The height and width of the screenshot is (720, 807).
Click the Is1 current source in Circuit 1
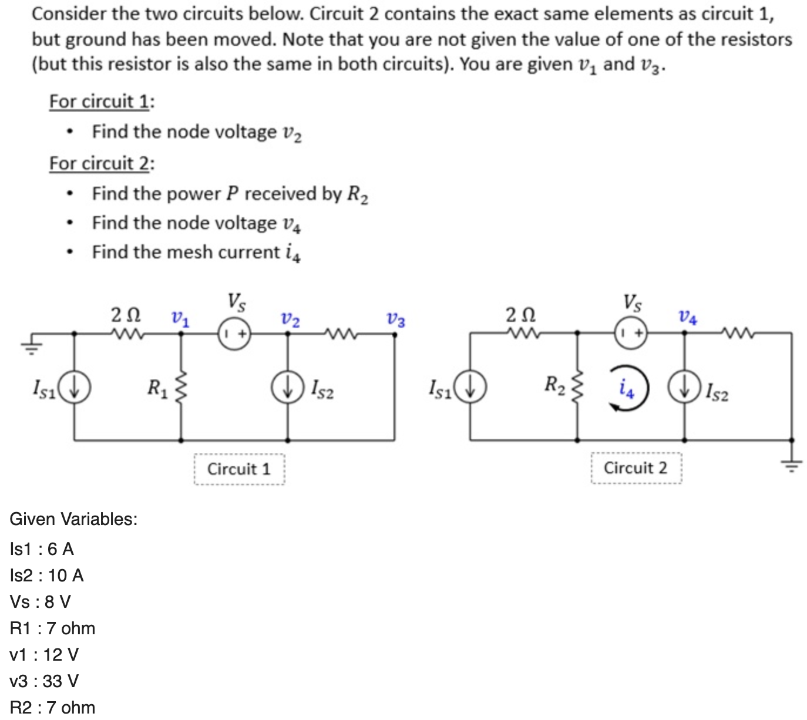tap(74, 388)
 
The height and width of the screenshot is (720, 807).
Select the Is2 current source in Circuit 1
tap(287, 388)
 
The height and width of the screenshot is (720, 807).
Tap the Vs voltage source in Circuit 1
tap(236, 334)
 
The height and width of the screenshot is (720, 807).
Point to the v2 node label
tap(290, 321)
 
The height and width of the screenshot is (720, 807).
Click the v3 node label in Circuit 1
tap(395, 321)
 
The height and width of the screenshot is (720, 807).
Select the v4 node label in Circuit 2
tap(688, 318)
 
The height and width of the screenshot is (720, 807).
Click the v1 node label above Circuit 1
tap(180, 319)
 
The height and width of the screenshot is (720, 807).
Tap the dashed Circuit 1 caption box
tap(239, 469)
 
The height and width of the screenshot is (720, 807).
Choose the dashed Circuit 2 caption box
tap(636, 468)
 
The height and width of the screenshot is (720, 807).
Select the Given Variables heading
tap(74, 519)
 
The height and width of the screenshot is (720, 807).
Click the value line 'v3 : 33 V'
tap(45, 681)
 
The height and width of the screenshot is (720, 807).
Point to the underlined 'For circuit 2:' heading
tap(102, 163)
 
